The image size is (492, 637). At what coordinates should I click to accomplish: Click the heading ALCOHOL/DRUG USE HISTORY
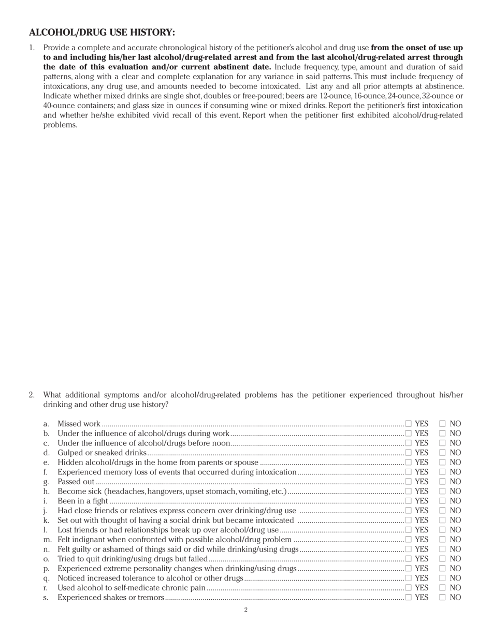tap(102, 33)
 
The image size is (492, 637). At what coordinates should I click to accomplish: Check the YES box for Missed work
tap(409, 424)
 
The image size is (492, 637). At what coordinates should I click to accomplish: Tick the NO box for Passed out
tap(442, 482)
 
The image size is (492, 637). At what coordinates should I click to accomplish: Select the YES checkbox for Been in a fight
tap(409, 501)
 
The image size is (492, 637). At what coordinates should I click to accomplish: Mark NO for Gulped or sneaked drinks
tap(442, 453)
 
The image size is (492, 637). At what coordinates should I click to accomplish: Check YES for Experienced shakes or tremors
tap(409, 597)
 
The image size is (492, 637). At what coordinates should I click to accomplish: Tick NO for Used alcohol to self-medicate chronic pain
tap(442, 588)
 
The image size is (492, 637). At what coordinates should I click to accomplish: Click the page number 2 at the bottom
tap(246, 610)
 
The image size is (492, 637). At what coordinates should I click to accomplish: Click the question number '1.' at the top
tap(32, 48)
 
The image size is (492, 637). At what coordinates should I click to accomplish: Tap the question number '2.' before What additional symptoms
tap(32, 395)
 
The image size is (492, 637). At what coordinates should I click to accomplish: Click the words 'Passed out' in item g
tap(76, 482)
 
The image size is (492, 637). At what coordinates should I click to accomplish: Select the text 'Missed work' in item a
tap(79, 424)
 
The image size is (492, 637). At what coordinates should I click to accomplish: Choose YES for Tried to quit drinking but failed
tap(409, 559)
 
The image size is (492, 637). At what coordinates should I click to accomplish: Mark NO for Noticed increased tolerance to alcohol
tap(442, 578)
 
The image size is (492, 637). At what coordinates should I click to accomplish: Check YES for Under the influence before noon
tap(409, 443)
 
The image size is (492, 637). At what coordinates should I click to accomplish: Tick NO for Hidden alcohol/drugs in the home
tap(442, 462)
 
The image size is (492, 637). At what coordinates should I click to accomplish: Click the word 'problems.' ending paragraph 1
tap(60, 125)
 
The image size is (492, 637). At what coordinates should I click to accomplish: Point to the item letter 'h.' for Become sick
tap(47, 491)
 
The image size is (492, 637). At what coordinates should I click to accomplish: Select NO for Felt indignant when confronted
tap(442, 540)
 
